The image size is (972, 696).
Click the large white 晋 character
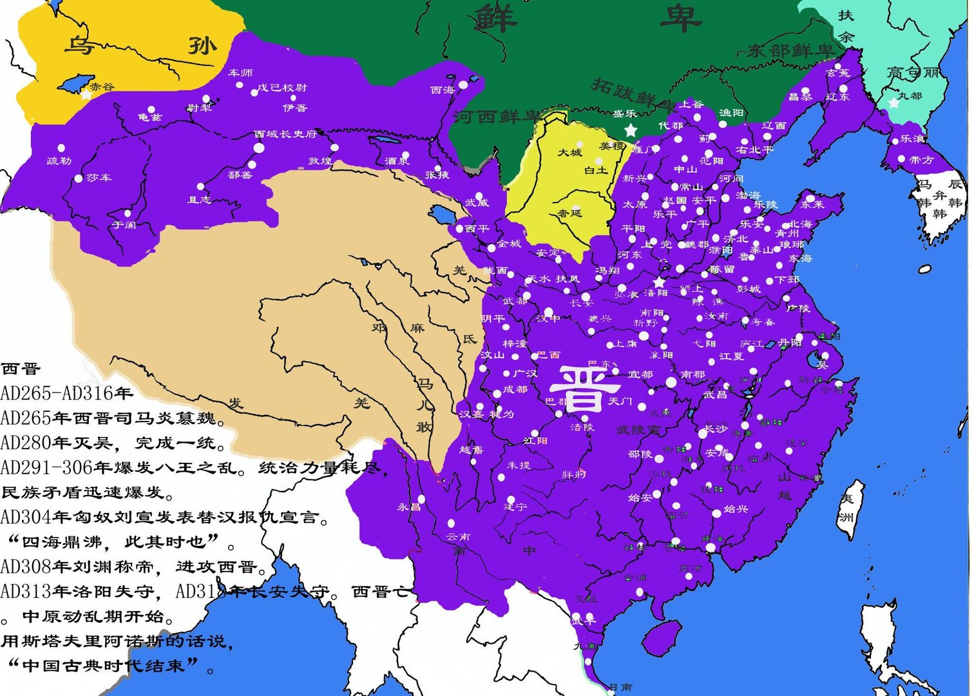584,389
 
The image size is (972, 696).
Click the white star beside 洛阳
658,282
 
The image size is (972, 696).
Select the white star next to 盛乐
631,130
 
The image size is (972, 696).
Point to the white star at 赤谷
86,95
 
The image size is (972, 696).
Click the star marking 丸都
893,102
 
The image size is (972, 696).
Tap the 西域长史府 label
285,134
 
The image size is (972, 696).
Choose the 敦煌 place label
319,160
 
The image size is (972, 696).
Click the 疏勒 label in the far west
59,160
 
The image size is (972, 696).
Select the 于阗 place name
124,225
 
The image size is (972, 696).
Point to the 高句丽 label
912,73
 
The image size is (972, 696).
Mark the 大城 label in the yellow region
569,153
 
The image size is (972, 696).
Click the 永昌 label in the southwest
408,507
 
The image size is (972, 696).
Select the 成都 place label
515,389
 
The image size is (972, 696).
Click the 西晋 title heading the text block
21,369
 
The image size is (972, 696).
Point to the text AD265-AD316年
67,393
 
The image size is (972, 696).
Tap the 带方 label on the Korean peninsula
920,160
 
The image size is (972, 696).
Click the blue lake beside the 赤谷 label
72,84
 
